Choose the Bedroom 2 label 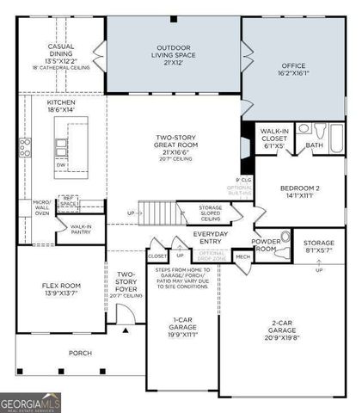[x=299, y=192]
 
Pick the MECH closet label [x=242, y=256]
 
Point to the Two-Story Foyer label [x=125, y=284]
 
